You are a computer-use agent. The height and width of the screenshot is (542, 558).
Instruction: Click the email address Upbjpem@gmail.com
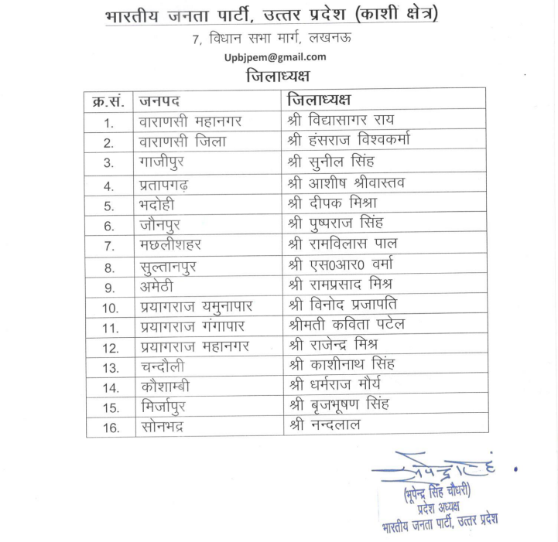point(275,57)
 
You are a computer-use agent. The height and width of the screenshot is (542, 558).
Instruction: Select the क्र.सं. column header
point(109,101)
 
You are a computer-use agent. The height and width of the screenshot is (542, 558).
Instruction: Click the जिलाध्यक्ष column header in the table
point(318,101)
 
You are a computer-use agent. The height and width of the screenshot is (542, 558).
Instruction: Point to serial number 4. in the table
point(109,186)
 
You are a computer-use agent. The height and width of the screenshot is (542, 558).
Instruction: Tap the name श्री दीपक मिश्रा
point(332,203)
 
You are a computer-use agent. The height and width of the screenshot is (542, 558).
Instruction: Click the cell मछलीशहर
point(170,246)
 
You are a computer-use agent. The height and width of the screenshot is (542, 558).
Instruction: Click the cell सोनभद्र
point(161,428)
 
